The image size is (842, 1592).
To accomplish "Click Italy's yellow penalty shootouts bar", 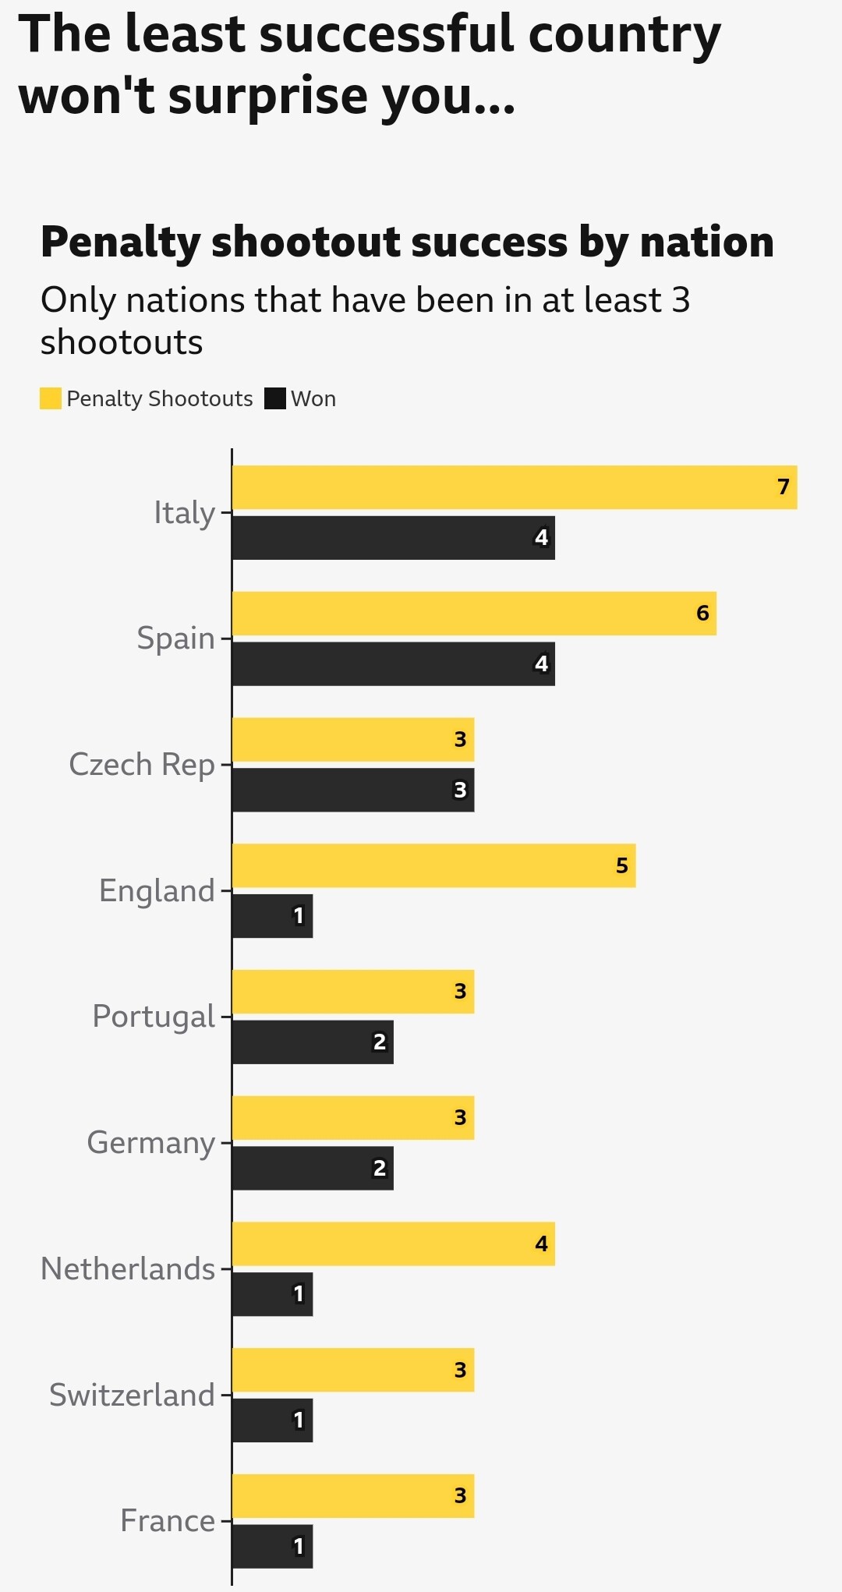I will pos(515,487).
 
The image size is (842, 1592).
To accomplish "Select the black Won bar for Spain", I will pos(393,664).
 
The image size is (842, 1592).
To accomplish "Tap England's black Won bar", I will pos(272,916).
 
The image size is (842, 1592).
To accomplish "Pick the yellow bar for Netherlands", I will pos(393,1244).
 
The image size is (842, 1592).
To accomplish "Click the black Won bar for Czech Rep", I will pos(352,790).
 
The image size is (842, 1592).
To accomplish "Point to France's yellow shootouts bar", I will pos(352,1496).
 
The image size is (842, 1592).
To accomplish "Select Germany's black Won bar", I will pos(312,1168).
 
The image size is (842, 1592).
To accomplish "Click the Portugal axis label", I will pos(153,1017).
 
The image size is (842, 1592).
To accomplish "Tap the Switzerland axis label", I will pos(131,1395).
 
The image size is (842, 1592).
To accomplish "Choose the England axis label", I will pos(156,890).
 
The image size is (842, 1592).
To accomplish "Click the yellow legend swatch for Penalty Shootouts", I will pos(51,398).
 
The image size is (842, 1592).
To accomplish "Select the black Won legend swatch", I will pos(275,398).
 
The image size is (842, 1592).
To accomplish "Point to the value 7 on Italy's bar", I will pos(784,487).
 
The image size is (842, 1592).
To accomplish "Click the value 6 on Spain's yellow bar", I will pos(702,614).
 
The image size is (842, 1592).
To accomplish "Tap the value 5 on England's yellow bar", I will pos(621,865).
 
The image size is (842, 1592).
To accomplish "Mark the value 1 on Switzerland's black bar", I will pos(298,1420).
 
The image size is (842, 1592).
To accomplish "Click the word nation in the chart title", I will pos(706,242).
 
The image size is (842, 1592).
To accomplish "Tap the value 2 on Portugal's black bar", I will pos(379,1042).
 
